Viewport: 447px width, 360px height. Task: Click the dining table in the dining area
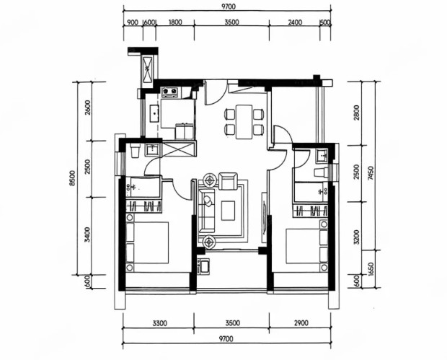(244, 122)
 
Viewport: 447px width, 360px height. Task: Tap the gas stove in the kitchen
(170, 92)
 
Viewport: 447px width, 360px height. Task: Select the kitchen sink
(154, 113)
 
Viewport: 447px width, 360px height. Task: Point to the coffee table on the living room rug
(228, 211)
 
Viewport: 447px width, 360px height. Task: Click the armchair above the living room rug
(228, 181)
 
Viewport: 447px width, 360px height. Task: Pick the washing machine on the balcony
(203, 266)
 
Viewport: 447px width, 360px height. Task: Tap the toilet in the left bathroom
(135, 151)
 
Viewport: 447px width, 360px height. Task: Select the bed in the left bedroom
(147, 242)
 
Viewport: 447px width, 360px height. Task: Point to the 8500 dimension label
(73, 178)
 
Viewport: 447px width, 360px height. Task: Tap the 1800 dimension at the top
(175, 22)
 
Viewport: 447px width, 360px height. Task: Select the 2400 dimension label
(295, 22)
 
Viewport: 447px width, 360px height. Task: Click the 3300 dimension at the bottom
(159, 323)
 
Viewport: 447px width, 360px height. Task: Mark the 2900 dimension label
(301, 323)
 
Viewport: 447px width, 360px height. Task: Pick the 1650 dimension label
(371, 269)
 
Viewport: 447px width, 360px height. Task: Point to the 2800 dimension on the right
(357, 113)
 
